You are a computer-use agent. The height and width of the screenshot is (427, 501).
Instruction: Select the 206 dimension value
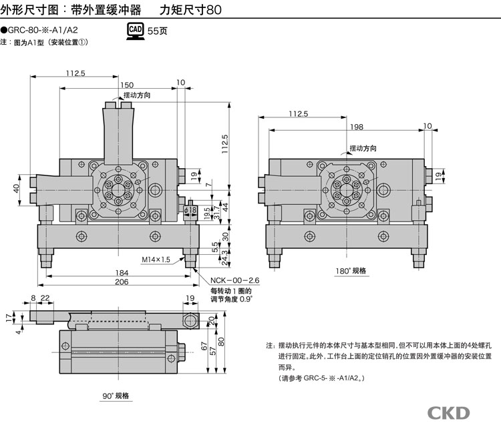click(122, 283)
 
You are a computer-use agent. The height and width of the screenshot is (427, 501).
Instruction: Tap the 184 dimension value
click(122, 272)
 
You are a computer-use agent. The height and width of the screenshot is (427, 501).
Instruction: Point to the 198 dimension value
click(355, 127)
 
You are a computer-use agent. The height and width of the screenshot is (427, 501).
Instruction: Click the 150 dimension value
click(127, 85)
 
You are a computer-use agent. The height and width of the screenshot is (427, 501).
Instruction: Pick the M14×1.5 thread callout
click(156, 259)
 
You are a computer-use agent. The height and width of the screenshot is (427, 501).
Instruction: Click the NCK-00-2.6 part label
click(235, 280)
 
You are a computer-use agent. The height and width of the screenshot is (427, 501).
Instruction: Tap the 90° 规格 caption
click(116, 396)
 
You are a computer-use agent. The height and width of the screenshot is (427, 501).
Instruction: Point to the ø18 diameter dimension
click(190, 211)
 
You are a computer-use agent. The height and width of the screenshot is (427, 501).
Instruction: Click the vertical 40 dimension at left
click(17, 189)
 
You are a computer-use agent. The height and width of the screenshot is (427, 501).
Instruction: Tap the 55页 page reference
click(158, 31)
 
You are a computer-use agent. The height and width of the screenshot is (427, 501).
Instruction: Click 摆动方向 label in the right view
click(364, 147)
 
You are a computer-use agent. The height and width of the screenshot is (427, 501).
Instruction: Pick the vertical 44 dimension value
click(225, 207)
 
